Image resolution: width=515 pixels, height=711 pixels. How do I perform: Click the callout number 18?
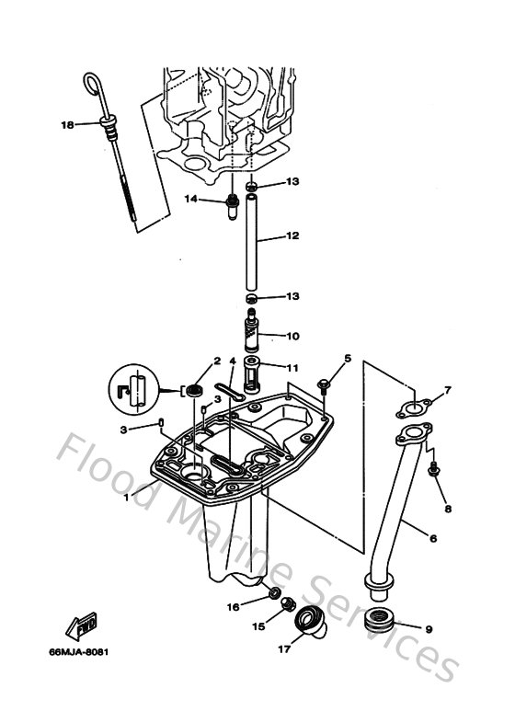(x=66, y=124)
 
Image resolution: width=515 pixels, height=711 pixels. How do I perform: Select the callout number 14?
(x=191, y=199)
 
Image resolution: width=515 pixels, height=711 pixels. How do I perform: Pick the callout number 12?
(x=292, y=236)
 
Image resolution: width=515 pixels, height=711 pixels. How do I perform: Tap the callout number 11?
(x=292, y=368)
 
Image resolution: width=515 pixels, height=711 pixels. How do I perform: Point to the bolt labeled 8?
(x=433, y=470)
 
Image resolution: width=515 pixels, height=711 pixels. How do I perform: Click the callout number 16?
(x=234, y=607)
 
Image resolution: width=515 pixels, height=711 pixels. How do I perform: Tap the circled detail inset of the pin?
(x=133, y=390)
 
